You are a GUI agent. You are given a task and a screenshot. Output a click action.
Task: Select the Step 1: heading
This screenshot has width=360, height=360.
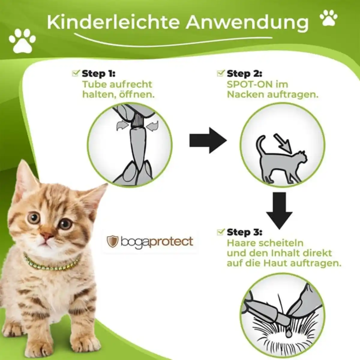98,73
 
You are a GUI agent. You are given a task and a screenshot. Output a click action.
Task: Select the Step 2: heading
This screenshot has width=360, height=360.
244,73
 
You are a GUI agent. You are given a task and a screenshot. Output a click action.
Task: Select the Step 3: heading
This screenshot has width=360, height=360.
244,232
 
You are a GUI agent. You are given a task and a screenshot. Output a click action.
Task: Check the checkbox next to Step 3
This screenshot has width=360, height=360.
220,232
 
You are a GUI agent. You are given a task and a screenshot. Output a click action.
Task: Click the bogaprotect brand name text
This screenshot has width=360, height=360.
157,241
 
